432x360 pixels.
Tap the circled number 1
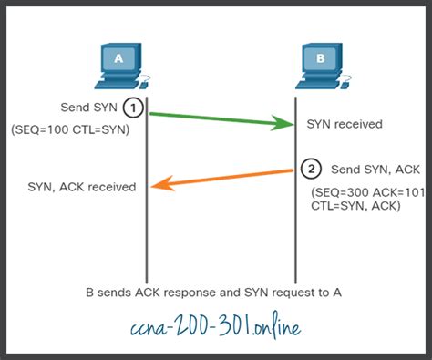coord(134,108)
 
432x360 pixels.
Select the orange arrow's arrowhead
coord(158,185)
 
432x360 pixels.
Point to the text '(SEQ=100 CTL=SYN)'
coord(70,130)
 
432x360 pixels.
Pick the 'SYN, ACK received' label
coord(82,187)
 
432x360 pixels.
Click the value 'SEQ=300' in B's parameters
coord(341,194)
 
